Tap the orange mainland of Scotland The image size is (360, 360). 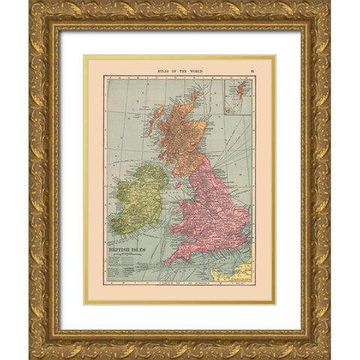point(178,131)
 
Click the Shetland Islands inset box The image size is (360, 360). point(238,96)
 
